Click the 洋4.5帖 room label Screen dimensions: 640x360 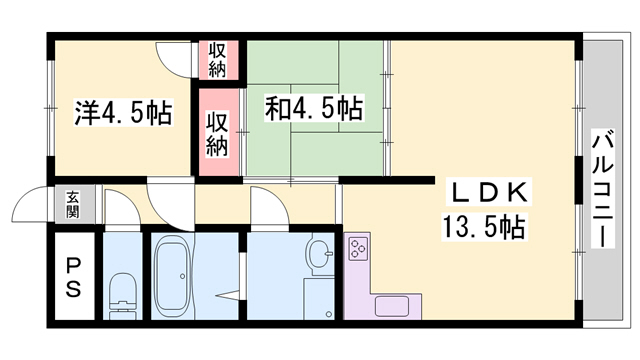click(x=123, y=112)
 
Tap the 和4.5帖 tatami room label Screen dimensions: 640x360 click(x=313, y=108)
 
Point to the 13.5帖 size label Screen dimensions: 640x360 click(x=484, y=227)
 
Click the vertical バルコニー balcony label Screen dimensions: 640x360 click(x=603, y=189)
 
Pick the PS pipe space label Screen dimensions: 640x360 click(x=73, y=276)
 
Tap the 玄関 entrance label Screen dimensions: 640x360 click(x=73, y=204)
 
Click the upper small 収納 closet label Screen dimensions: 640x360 click(x=217, y=60)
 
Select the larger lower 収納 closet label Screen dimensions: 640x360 click(x=216, y=134)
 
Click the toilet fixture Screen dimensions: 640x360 click(x=122, y=296)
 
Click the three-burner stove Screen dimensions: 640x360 click(x=359, y=248)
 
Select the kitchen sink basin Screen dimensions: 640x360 click(x=392, y=306)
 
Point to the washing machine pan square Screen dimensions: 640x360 click(x=319, y=298)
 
